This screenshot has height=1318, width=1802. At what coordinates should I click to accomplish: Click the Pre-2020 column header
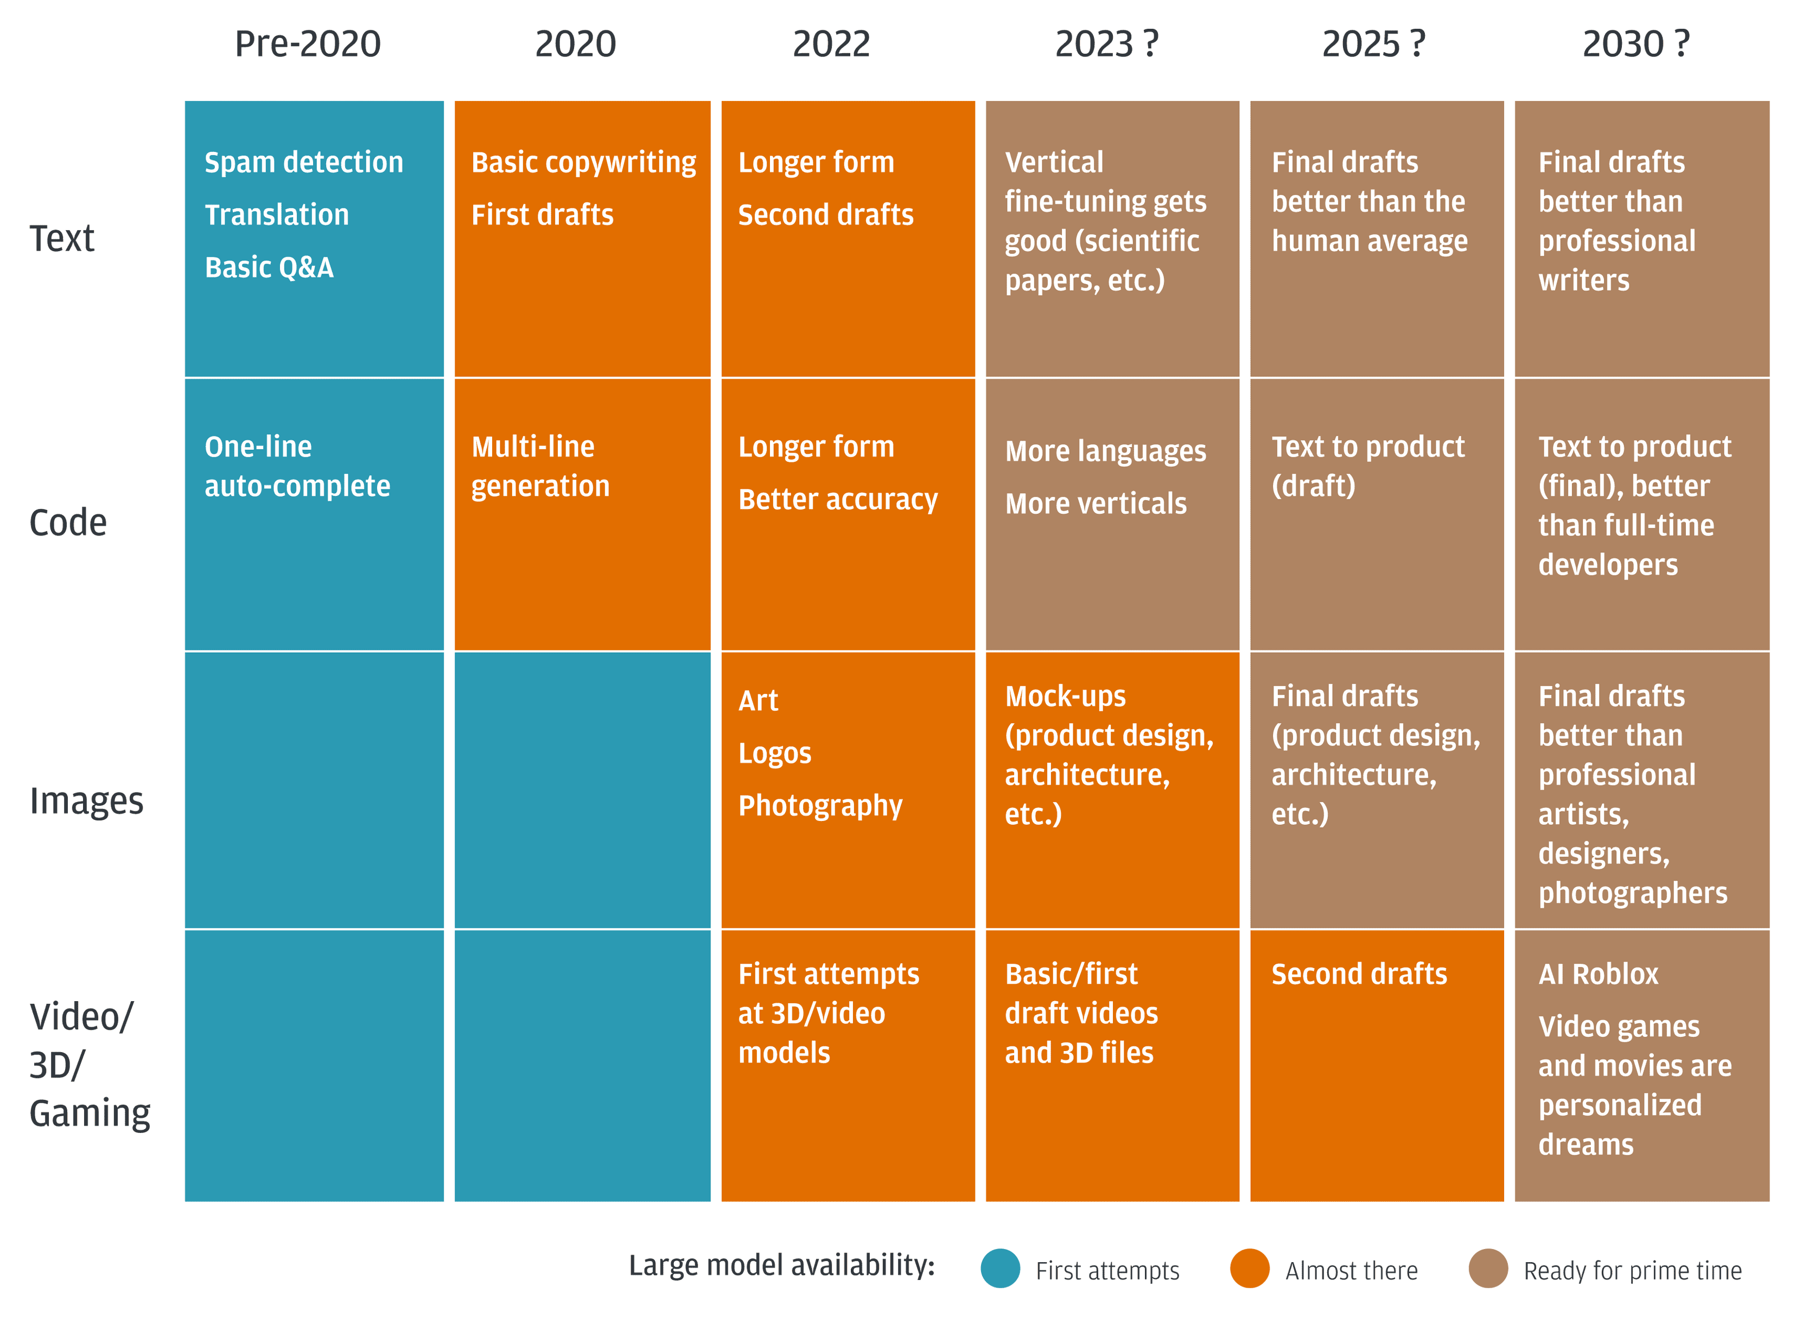307,44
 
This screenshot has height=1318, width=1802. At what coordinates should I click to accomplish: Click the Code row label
68,523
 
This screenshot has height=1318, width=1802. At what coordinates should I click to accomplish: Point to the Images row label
86,800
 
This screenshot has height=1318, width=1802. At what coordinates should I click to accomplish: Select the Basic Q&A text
269,268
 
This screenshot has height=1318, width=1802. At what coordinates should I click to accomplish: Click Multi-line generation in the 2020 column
540,466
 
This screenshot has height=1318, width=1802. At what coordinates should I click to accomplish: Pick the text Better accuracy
838,499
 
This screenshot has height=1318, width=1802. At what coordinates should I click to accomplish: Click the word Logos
774,753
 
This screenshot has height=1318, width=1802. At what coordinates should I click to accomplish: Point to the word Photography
820,806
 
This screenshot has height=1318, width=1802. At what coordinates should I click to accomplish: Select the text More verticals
1095,504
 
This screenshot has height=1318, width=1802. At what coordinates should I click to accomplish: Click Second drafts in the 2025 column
1359,974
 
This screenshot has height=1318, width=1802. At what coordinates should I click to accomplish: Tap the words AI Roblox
1598,974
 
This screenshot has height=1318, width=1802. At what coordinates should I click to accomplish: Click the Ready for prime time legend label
1632,1270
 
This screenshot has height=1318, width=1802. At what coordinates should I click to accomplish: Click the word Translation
277,215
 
